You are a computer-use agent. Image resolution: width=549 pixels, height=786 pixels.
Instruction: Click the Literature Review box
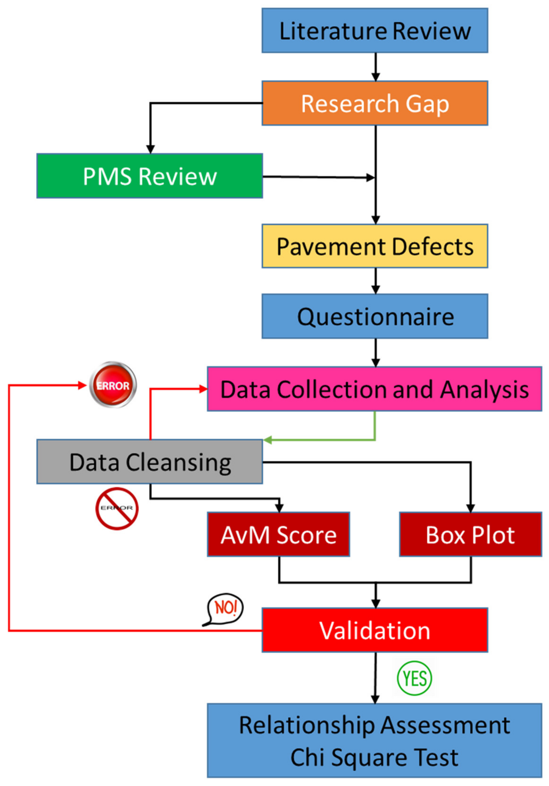374,31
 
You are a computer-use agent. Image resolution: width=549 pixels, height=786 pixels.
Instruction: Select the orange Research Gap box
374,103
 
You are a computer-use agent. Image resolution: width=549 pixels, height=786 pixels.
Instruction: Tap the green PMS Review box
149,176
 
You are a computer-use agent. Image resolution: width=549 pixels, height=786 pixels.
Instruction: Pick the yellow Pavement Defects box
374,246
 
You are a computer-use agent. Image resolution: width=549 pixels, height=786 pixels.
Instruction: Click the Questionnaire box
374,316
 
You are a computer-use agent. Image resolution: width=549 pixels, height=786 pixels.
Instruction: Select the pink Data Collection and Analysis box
374,389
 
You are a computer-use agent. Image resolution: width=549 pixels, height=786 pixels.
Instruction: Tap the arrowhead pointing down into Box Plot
470,508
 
